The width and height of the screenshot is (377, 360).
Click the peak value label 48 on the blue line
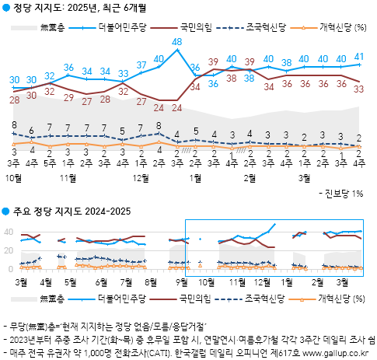pos(176,41)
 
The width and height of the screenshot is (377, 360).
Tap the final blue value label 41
pos(358,56)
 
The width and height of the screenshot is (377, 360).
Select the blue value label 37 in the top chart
pos(141,65)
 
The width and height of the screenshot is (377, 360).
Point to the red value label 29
pos(68,97)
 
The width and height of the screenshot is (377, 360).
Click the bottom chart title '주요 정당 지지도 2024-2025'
pos(66,211)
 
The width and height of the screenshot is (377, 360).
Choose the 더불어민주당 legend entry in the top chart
pos(120,27)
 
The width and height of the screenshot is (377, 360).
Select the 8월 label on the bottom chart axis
pos(151,281)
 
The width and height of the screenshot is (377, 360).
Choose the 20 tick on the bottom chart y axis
pos(9,250)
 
